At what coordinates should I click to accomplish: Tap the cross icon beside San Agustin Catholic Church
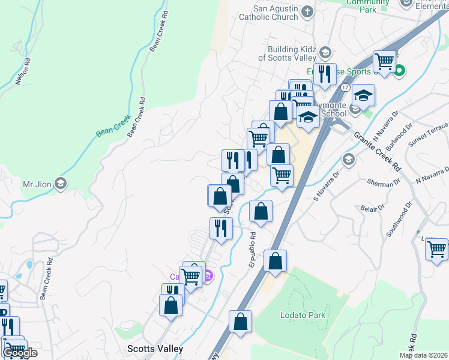click(x=307, y=12)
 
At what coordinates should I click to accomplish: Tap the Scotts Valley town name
click(x=155, y=348)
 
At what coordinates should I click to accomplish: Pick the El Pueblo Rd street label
click(x=252, y=250)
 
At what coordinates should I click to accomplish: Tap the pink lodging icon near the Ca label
click(x=208, y=276)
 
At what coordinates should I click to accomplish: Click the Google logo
click(x=19, y=353)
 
